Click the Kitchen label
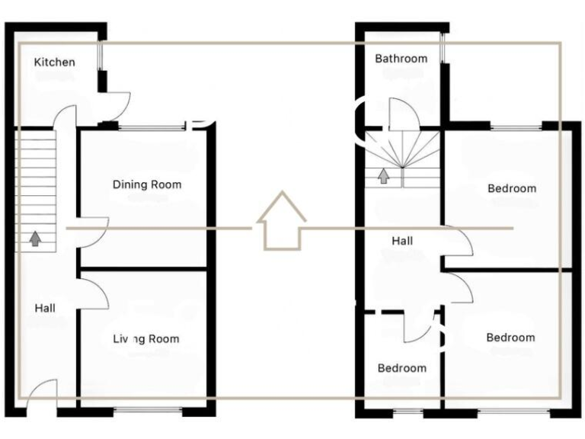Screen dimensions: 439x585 [55, 62]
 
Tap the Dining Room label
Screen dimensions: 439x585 [147, 184]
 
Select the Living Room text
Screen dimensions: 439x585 [146, 338]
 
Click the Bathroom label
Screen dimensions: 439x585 [401, 59]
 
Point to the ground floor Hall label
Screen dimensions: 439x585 [45, 308]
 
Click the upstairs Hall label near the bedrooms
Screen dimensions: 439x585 [402, 241]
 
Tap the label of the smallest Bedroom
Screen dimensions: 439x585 [402, 368]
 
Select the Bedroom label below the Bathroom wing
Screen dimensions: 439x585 [511, 188]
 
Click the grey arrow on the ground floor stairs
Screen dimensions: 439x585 [35, 239]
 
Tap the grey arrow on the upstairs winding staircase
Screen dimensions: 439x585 [384, 177]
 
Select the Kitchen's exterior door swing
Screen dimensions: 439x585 [116, 105]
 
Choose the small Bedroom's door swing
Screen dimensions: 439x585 [417, 325]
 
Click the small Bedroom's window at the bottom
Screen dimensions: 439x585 [409, 412]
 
